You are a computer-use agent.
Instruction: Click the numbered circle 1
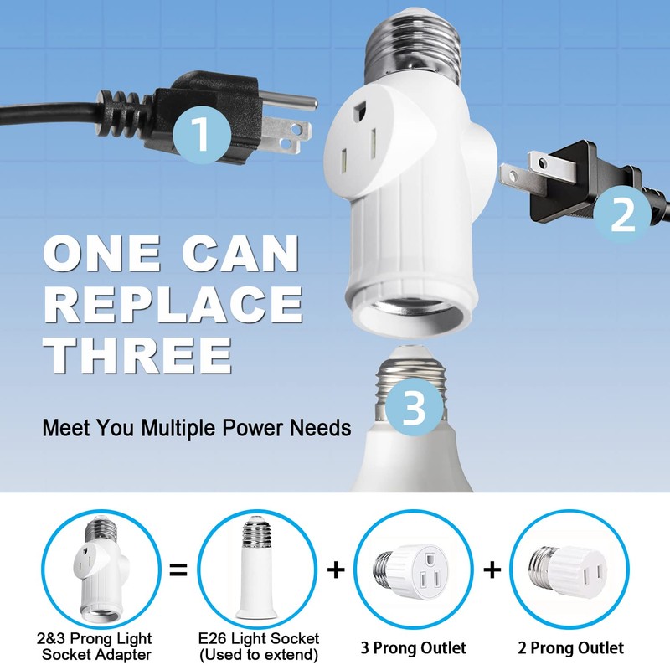point(201,134)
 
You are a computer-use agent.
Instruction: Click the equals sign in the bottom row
point(178,571)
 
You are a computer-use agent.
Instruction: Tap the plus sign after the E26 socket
point(335,571)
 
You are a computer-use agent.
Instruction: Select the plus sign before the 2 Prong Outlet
point(492,571)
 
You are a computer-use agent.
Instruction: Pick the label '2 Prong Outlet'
point(571,647)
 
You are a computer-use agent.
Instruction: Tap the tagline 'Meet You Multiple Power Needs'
point(197,429)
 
